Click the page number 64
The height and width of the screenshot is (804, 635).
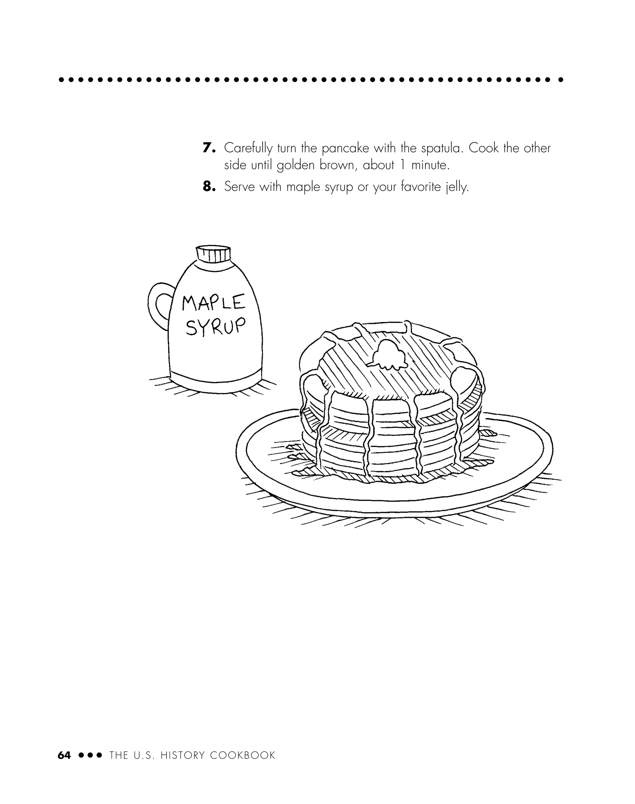64,755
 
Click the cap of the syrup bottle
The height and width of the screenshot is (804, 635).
213,254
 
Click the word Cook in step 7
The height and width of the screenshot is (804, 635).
483,148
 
